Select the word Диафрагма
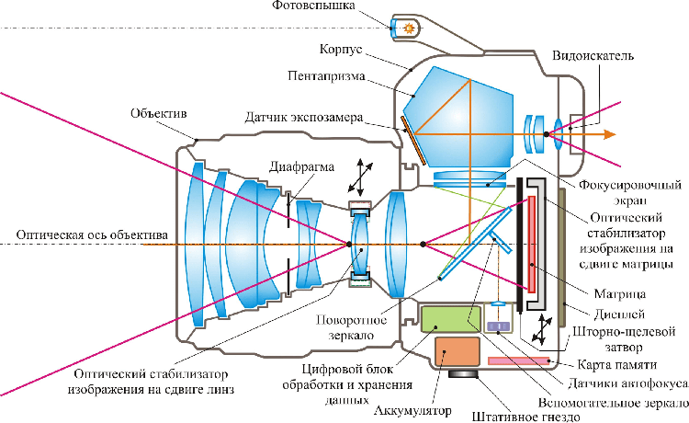(302, 168)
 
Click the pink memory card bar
(520, 361)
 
